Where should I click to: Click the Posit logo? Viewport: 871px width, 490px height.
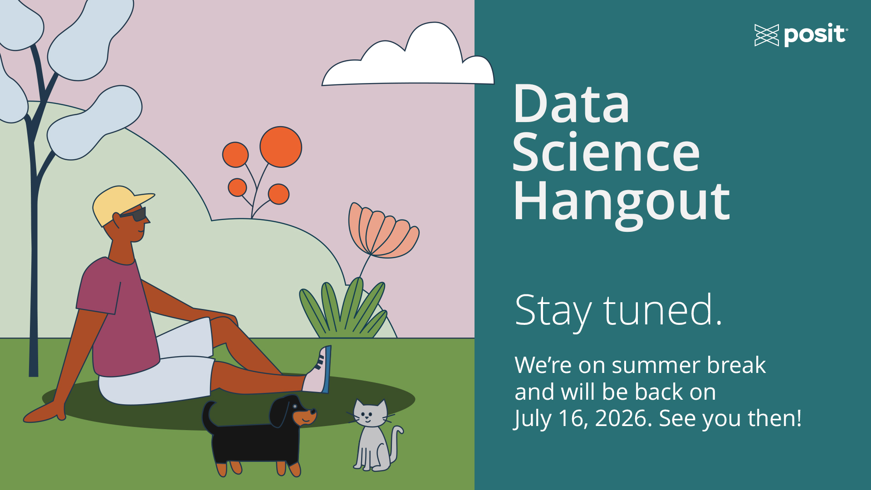click(801, 35)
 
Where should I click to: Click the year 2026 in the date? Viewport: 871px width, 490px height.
click(623, 418)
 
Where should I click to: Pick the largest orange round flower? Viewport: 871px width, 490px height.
click(281, 147)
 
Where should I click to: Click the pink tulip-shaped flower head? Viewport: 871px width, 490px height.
click(381, 231)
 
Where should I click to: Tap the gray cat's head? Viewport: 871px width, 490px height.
click(370, 413)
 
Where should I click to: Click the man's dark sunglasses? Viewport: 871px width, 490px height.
click(135, 214)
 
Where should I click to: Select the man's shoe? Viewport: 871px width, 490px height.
click(318, 370)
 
